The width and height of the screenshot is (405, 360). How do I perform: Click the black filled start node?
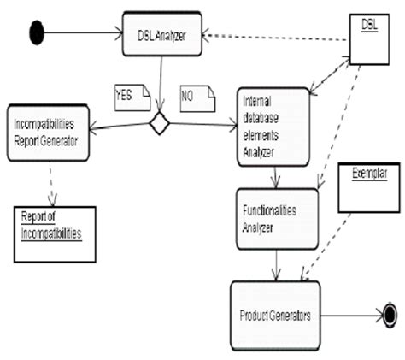coord(36,33)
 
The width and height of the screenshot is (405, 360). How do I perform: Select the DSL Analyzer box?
coord(161,33)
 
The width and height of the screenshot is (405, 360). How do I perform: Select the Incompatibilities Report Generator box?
coord(47,134)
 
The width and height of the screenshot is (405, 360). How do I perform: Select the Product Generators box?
coord(274,316)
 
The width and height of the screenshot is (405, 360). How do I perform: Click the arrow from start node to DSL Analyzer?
coord(81,33)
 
